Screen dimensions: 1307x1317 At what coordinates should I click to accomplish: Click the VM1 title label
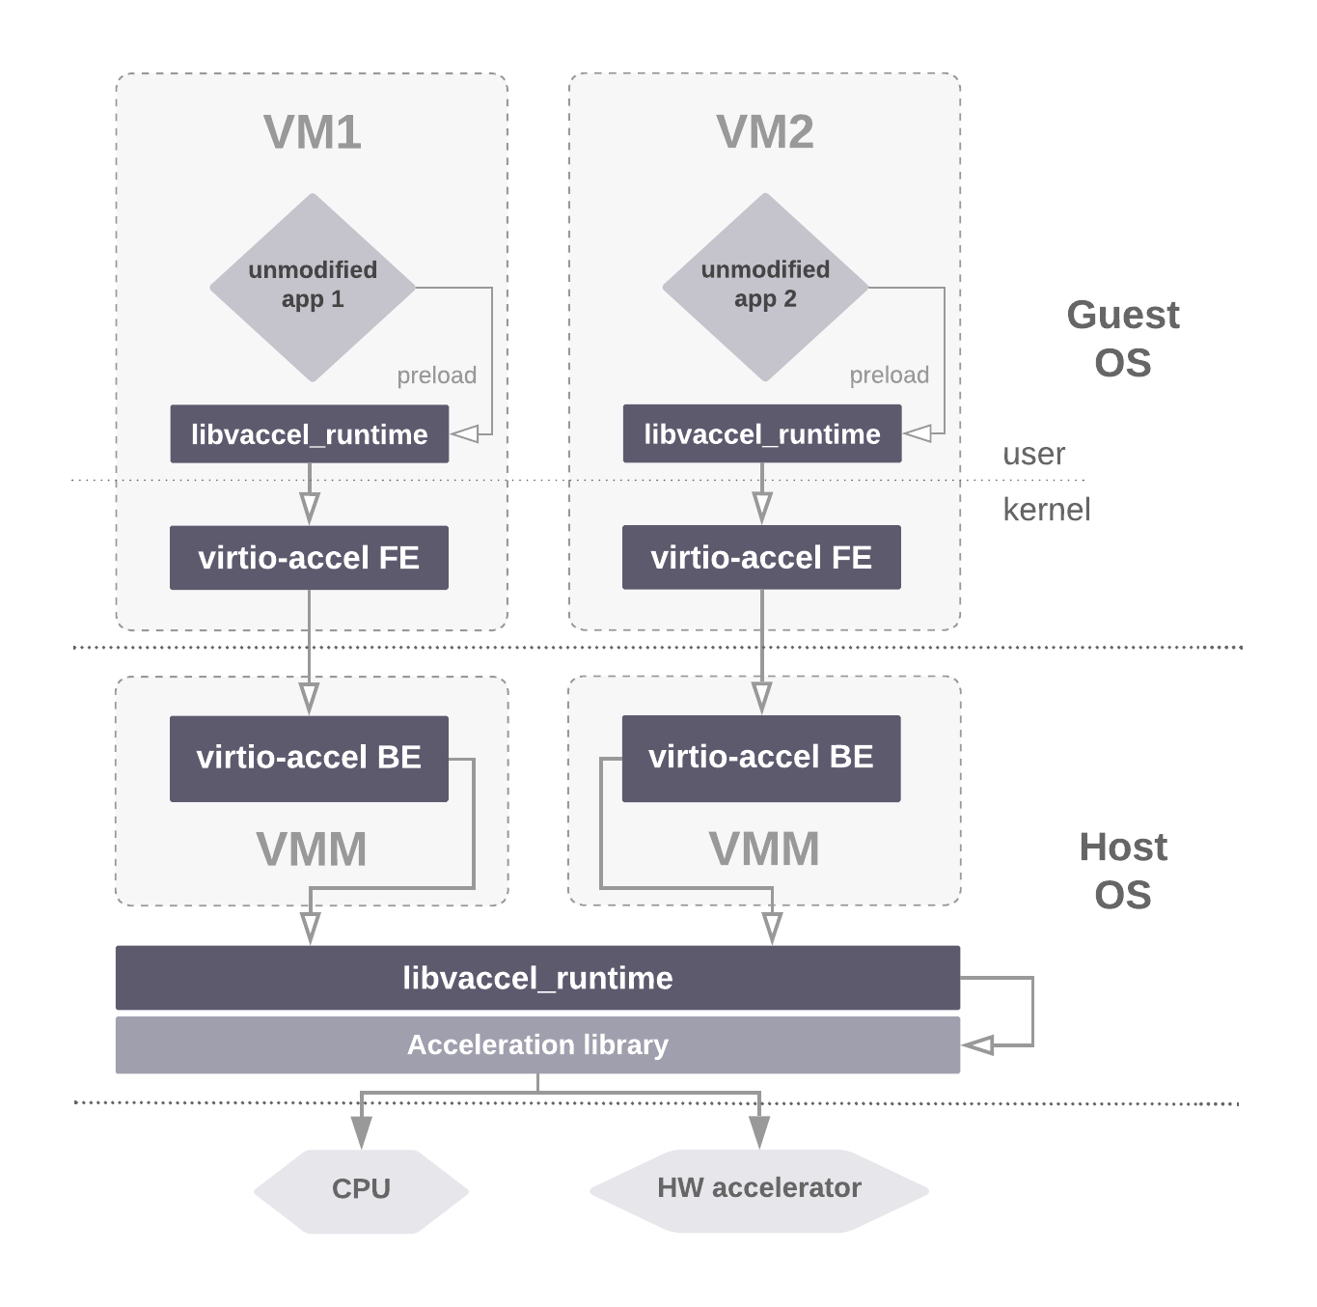tap(312, 132)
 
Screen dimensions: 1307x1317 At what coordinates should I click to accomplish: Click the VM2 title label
tap(764, 132)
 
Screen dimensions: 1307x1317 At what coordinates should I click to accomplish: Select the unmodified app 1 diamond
tap(312, 286)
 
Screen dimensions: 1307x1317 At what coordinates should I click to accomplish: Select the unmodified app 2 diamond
tap(764, 286)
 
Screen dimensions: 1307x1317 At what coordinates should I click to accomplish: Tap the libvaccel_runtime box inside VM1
tap(309, 434)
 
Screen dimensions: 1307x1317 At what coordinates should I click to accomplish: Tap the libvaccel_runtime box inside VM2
tap(761, 434)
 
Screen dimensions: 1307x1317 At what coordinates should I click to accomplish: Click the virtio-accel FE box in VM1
tap(309, 558)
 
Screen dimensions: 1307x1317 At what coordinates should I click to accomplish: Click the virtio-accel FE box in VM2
tap(761, 558)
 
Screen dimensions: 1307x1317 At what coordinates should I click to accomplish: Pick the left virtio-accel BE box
tap(309, 758)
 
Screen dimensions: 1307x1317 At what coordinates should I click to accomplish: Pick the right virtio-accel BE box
tap(761, 758)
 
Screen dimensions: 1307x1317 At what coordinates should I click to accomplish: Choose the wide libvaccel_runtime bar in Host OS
tap(537, 978)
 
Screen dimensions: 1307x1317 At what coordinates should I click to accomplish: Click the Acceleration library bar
tap(537, 1045)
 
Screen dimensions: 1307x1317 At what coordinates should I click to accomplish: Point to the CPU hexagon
tap(361, 1189)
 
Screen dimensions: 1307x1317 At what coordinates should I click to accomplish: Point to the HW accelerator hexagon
tap(759, 1189)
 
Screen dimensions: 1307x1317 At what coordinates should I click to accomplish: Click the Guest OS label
tap(1123, 339)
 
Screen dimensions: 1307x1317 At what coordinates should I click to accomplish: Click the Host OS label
tap(1123, 871)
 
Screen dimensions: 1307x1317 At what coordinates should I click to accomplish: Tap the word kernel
tap(1046, 510)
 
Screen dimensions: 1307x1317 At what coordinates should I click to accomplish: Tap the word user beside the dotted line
tap(1033, 454)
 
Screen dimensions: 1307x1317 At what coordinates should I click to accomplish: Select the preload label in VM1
tap(437, 375)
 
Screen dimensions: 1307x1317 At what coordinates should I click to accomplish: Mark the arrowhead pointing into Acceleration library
tap(978, 1045)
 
